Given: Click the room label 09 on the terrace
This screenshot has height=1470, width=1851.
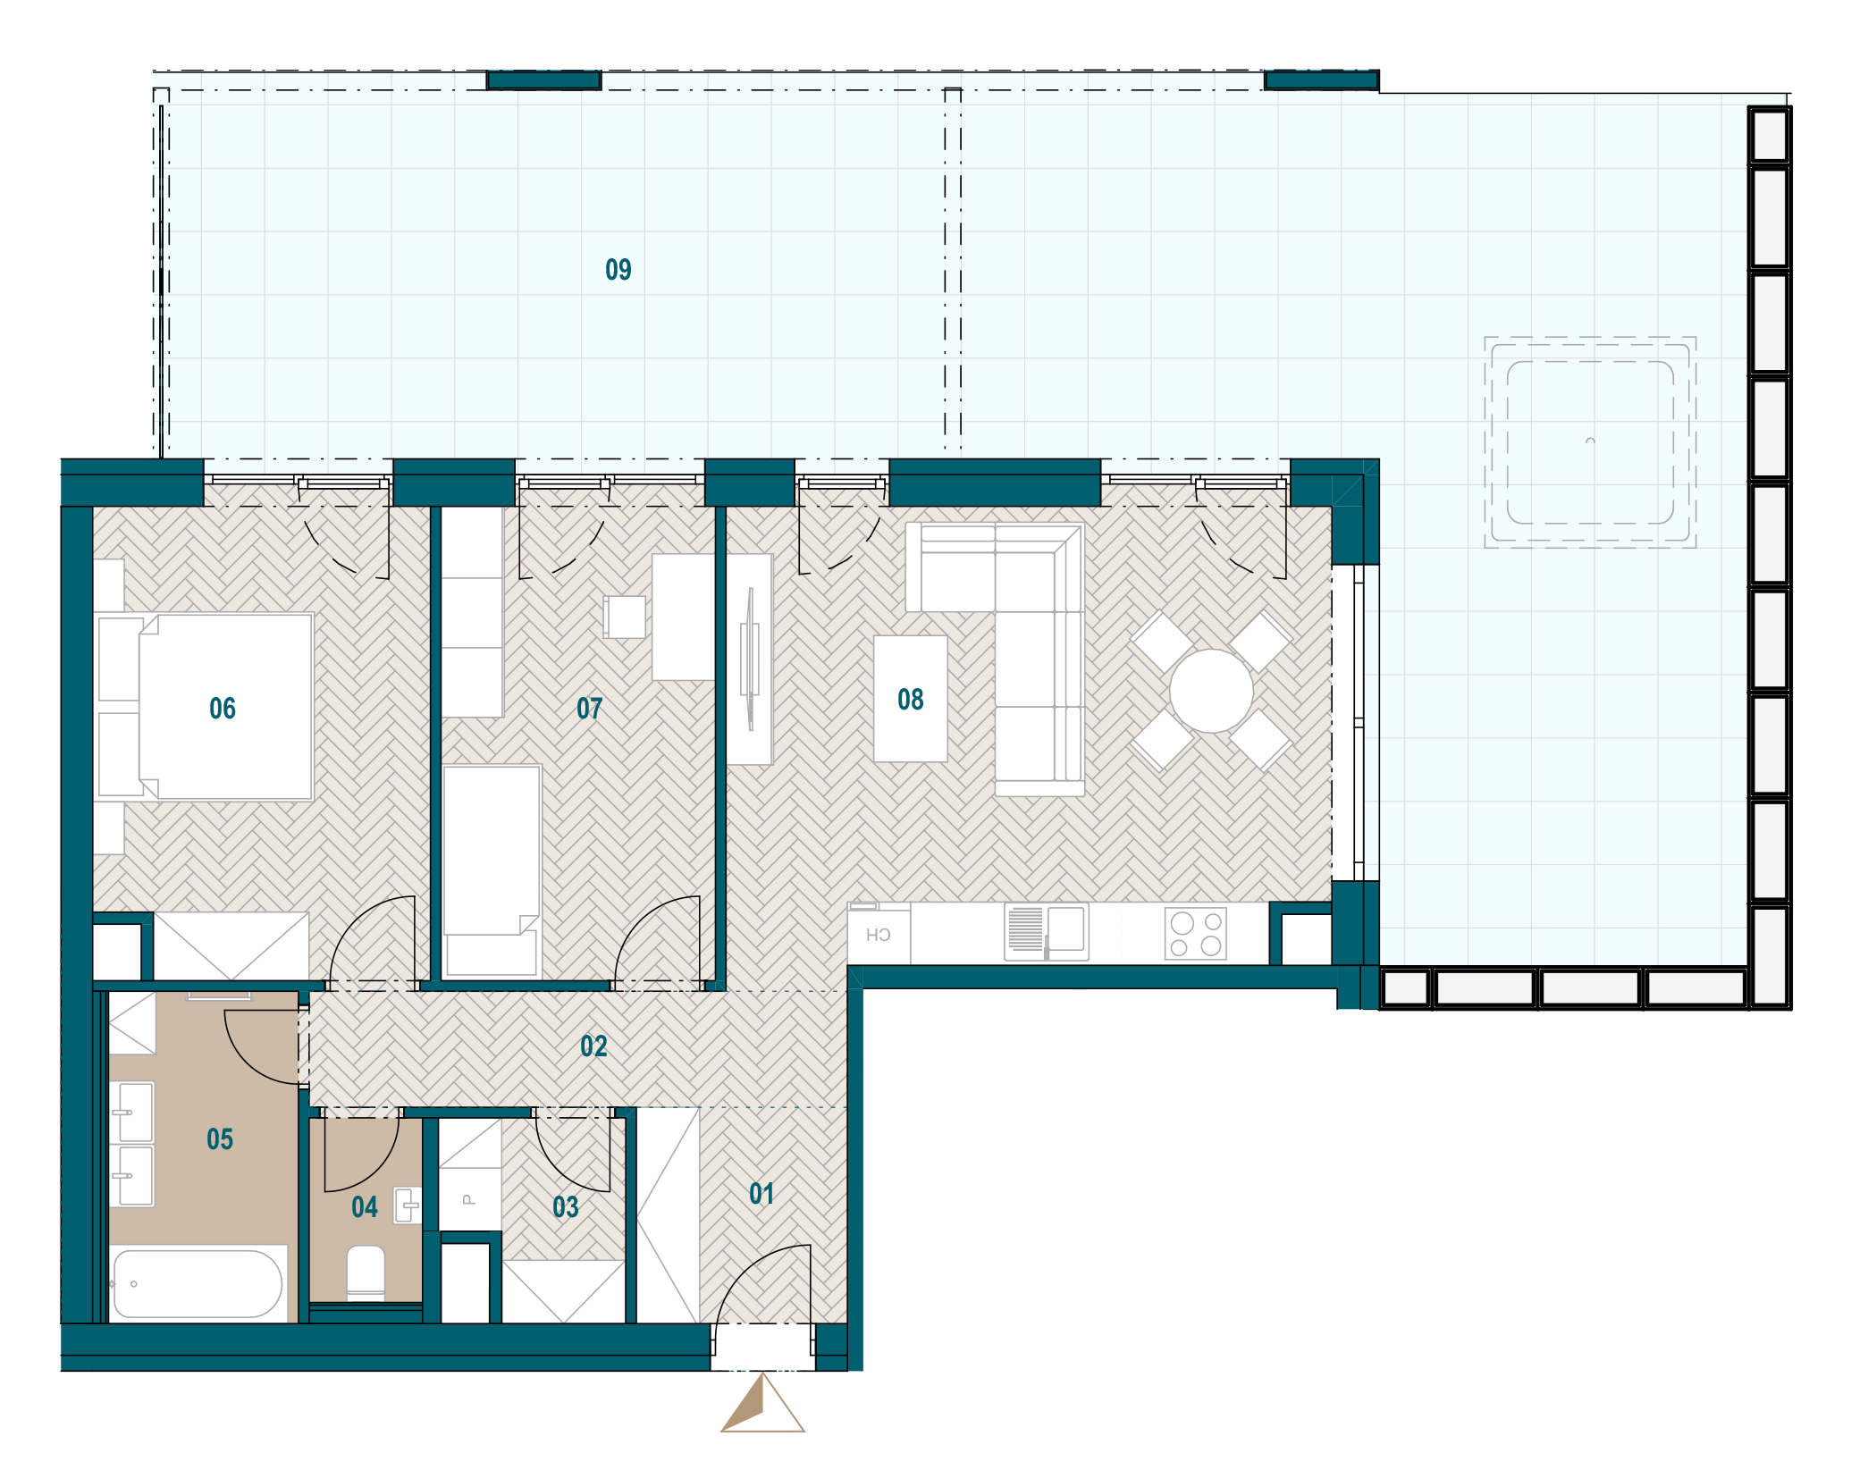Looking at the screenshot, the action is click(618, 270).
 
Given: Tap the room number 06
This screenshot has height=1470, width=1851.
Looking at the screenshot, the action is click(223, 709).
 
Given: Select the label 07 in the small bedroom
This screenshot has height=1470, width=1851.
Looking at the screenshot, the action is click(590, 709).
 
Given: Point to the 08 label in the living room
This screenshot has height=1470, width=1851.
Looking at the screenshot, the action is click(911, 700).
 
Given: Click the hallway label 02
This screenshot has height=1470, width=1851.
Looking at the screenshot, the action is click(593, 1046).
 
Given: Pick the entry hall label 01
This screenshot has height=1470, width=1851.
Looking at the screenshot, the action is click(761, 1194).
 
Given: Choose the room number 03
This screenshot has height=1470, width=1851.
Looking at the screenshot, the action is click(566, 1208).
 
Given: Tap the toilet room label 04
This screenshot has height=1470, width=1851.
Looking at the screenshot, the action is click(365, 1208).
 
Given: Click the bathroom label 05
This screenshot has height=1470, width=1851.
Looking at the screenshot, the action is click(220, 1139).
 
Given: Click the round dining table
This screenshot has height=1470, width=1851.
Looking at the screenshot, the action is click(1211, 691).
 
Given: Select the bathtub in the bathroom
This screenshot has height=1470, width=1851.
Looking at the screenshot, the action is click(198, 1283).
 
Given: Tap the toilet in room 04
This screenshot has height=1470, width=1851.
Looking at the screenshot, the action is click(366, 1273).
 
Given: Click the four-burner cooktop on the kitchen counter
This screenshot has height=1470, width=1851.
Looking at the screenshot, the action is click(1196, 934).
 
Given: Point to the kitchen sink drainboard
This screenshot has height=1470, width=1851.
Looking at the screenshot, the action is click(1025, 929).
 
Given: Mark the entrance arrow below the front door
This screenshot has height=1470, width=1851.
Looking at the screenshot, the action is click(762, 1403).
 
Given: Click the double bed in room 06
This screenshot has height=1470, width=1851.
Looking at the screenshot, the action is click(225, 706).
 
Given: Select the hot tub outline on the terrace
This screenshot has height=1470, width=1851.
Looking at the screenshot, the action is click(1590, 442).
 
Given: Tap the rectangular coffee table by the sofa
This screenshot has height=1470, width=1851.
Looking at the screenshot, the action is click(911, 699).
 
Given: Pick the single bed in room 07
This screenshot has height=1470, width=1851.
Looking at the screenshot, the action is click(492, 870).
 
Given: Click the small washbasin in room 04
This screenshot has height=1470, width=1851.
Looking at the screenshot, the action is click(408, 1205).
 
